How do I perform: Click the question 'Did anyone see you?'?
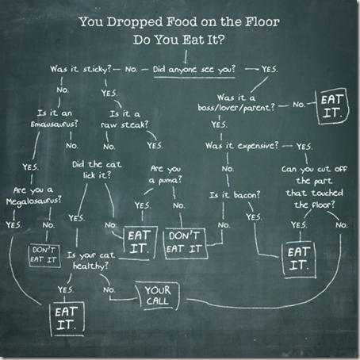[194, 69]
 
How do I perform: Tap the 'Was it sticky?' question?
[81, 69]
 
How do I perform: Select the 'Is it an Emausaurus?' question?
[54, 118]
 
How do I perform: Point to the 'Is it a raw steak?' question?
[124, 119]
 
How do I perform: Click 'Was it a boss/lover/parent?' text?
[236, 102]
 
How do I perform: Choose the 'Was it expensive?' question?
[242, 146]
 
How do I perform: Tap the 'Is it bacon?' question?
[235, 195]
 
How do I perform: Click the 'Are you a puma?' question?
[166, 174]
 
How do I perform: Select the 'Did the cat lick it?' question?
[97, 170]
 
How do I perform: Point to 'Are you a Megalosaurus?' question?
[33, 196]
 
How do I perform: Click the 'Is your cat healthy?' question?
[91, 260]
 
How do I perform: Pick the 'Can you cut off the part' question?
[314, 186]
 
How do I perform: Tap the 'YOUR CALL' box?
[158, 296]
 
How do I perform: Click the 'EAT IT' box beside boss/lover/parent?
[333, 106]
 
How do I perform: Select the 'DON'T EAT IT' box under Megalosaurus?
[44, 255]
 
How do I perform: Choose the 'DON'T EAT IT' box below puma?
[186, 243]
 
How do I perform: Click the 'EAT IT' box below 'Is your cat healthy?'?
[67, 319]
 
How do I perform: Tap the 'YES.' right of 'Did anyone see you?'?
[270, 69]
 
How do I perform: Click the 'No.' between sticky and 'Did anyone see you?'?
[132, 70]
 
